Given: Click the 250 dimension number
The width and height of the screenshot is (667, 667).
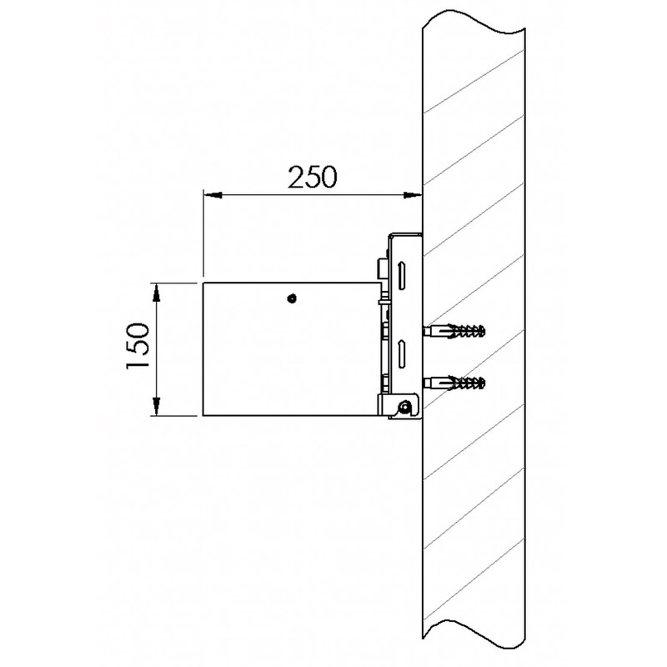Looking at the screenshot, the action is pyautogui.click(x=313, y=177).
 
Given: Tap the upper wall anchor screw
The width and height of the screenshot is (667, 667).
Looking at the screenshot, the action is pyautogui.click(x=454, y=330).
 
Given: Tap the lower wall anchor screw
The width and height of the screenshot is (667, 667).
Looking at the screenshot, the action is pyautogui.click(x=454, y=383).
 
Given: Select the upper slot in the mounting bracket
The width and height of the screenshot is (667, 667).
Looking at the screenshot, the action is pyautogui.click(x=401, y=277).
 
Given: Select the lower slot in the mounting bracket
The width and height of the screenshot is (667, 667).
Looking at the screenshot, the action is pyautogui.click(x=401, y=354).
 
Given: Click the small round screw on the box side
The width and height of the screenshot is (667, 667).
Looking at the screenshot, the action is pyautogui.click(x=292, y=298).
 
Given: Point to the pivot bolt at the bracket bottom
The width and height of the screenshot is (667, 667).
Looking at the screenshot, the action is pyautogui.click(x=404, y=408).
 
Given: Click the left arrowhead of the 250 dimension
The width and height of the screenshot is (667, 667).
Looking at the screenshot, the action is pyautogui.click(x=213, y=195).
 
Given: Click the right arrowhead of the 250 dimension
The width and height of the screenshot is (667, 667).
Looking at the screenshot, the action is pyautogui.click(x=412, y=195).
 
